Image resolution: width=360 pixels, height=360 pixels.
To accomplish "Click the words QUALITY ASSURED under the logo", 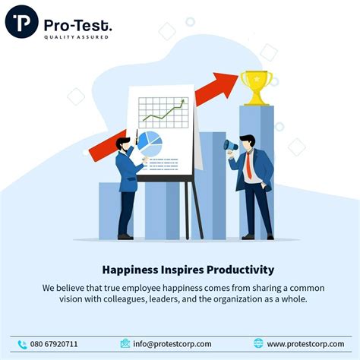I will (x=76, y=36).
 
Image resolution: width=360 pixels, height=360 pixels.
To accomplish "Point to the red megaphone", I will (x=230, y=144).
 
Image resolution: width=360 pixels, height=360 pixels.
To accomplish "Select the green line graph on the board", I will (x=164, y=111).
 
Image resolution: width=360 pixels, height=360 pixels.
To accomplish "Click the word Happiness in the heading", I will (x=130, y=270).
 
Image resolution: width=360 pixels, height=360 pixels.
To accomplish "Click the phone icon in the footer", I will (x=22, y=343).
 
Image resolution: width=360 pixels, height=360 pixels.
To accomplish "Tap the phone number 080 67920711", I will (x=54, y=344).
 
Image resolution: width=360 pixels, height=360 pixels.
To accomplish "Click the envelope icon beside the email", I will (x=125, y=343).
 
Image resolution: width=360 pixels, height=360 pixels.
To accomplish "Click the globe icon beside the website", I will (x=258, y=343).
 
